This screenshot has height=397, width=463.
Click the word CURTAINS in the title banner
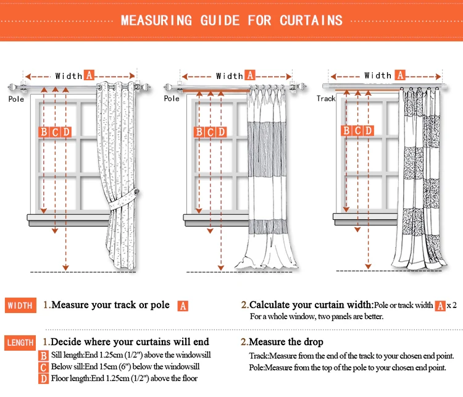311,20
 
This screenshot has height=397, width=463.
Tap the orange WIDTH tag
20,306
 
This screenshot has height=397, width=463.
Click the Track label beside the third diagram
326,98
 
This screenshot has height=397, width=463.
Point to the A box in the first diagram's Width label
89,75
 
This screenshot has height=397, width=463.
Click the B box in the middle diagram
199,132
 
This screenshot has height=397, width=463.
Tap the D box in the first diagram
66,132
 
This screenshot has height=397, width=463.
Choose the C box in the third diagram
357,130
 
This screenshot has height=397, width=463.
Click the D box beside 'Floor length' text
43,378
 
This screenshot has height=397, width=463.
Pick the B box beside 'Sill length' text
43,356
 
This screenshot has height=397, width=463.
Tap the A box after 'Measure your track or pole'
182,306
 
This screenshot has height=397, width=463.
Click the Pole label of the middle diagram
172,99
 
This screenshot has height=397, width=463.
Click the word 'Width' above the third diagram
378,75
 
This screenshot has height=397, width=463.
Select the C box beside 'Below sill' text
43,367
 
